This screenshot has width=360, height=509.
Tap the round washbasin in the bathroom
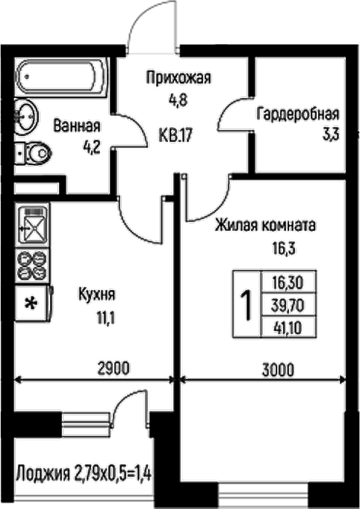click(x=27, y=118)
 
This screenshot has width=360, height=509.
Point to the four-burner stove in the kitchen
click(x=32, y=265)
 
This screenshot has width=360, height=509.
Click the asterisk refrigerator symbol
click(x=31, y=303)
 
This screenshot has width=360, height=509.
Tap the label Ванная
click(x=77, y=126)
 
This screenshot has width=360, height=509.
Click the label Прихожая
click(x=179, y=78)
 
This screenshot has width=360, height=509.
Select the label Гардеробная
click(x=297, y=115)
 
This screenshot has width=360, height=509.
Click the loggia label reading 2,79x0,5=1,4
click(x=112, y=473)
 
